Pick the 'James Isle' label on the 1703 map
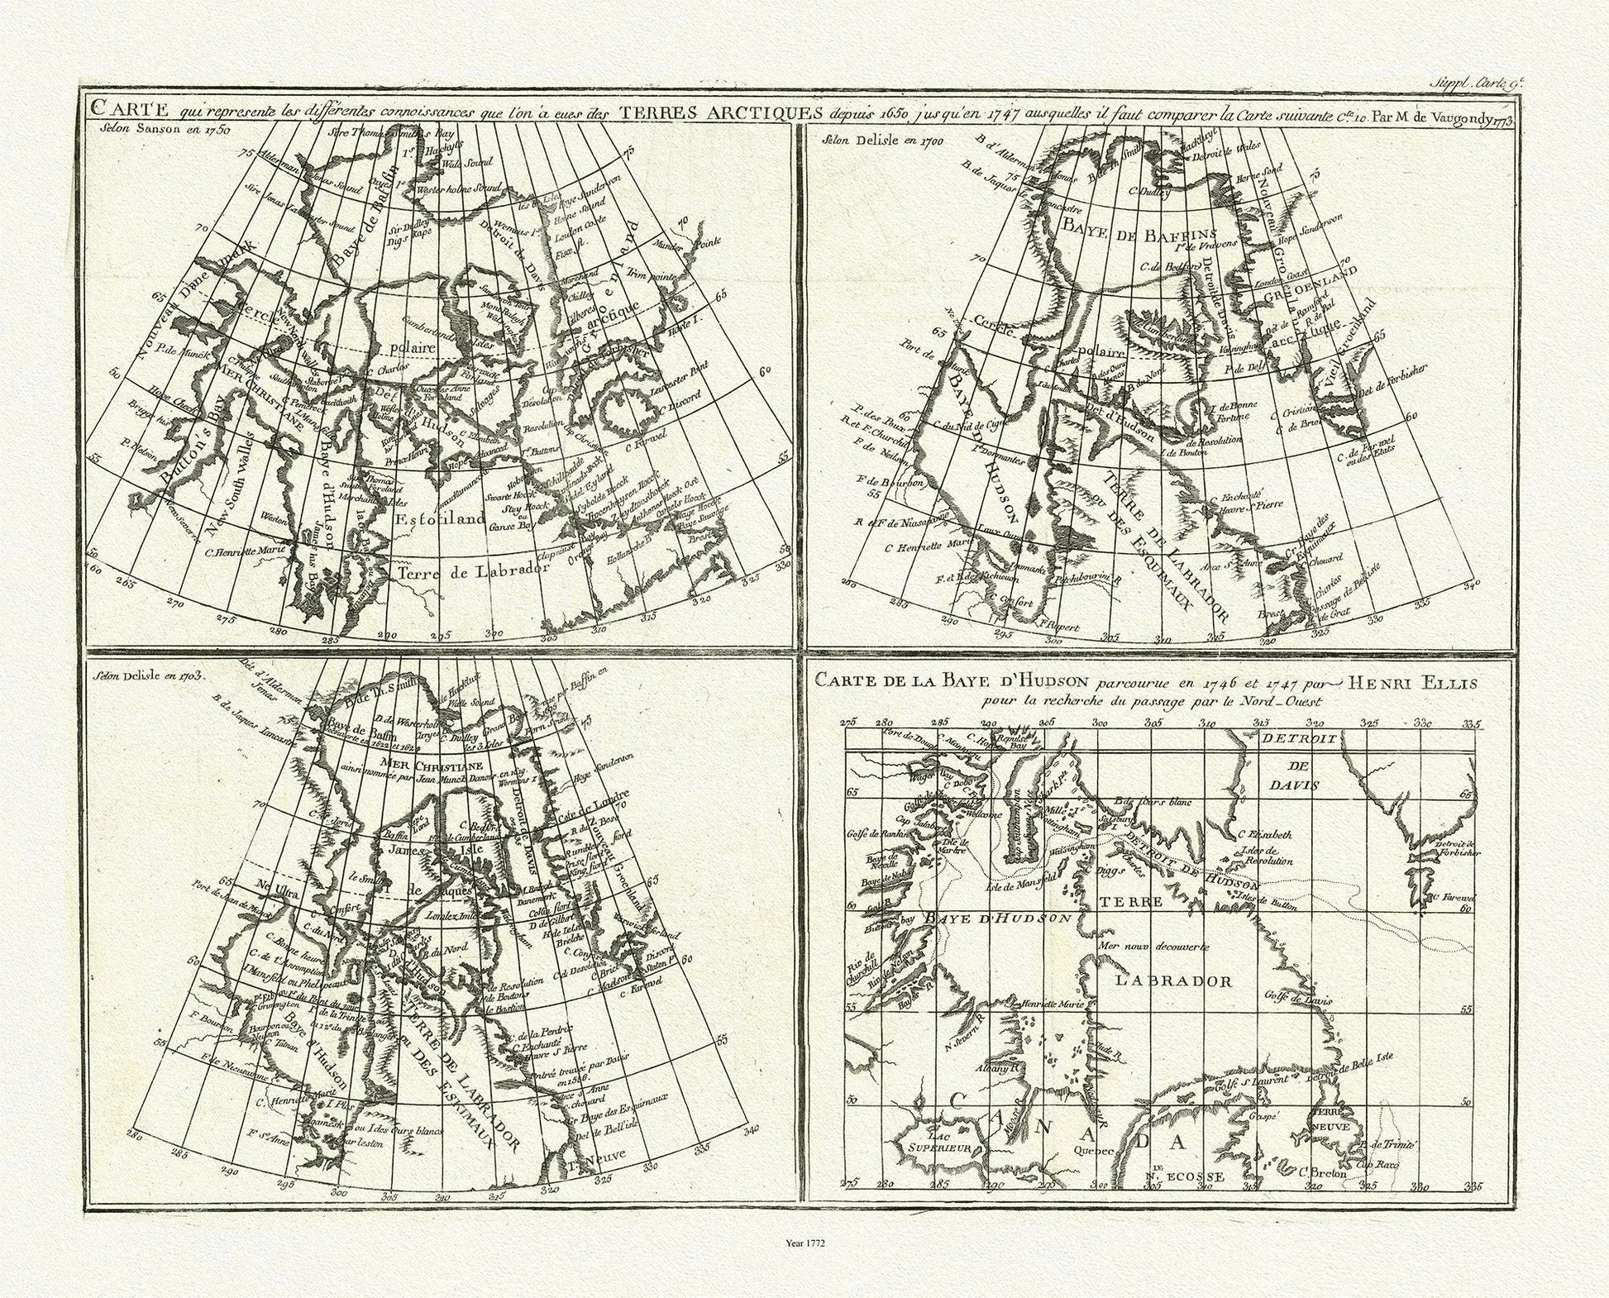(430, 850)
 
